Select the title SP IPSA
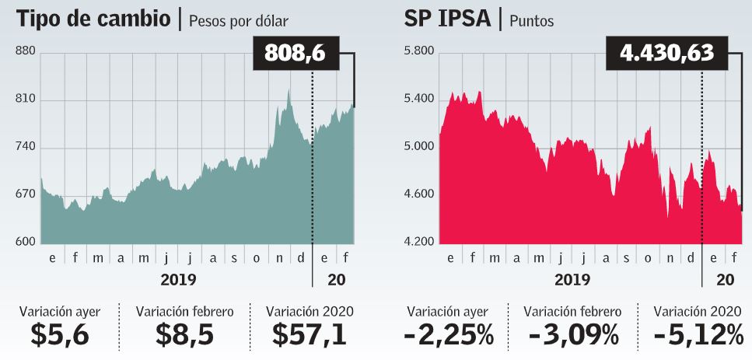pyautogui.click(x=452, y=19)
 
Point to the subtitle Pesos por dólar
pyautogui.click(x=238, y=21)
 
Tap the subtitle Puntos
pyautogui.click(x=532, y=21)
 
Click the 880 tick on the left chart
pyautogui.click(x=26, y=52)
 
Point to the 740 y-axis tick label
pyautogui.click(x=26, y=148)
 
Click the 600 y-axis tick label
pyautogui.click(x=26, y=243)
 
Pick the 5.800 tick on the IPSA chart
pyautogui.click(x=419, y=52)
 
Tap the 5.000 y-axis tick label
pyautogui.click(x=419, y=147)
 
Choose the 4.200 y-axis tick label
pyautogui.click(x=419, y=243)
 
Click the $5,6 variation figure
pyautogui.click(x=60, y=334)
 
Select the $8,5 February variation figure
pyautogui.click(x=184, y=334)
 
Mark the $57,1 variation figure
pyautogui.click(x=310, y=334)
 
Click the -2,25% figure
pyautogui.click(x=449, y=334)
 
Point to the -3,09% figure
pyautogui.click(x=572, y=334)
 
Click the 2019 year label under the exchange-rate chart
pyautogui.click(x=178, y=278)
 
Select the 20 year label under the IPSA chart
pyautogui.click(x=724, y=278)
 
